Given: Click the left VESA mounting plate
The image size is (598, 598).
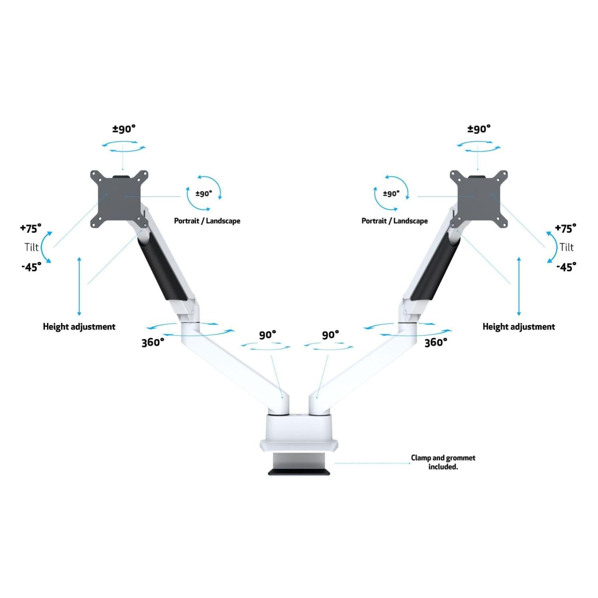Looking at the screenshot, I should [119, 199].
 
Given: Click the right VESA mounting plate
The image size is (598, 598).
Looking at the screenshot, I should [478, 199].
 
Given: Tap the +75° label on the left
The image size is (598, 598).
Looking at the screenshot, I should [31, 228].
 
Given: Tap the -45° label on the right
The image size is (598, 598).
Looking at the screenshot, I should [566, 267].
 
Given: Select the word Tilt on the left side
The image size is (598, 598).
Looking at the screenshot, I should [31, 247].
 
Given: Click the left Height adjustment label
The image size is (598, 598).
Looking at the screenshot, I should [79, 327].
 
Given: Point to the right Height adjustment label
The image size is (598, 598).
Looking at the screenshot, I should [519, 327].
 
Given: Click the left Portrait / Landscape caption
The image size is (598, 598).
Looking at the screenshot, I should [207, 221].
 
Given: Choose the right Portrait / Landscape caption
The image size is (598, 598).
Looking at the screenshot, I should [394, 221].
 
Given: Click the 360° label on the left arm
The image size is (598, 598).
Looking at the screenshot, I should [153, 342].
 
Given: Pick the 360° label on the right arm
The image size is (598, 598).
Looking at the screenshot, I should [436, 342].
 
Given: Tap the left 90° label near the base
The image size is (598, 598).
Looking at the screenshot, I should [268, 335].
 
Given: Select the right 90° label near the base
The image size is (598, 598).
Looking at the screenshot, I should [330, 335].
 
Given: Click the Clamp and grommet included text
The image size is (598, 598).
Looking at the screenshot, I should [443, 462].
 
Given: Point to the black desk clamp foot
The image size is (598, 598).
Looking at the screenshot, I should [299, 472].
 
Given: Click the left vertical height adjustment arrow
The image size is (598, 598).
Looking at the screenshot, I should [79, 286].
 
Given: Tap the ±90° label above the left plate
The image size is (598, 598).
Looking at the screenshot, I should [124, 129].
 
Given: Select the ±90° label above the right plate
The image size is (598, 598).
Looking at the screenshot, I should [479, 129].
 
